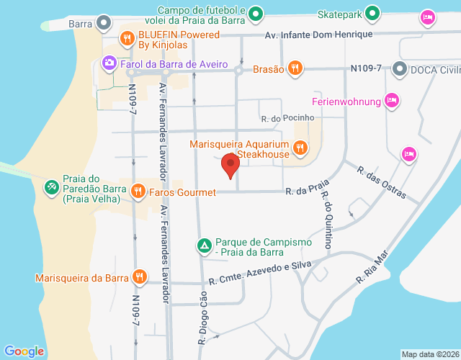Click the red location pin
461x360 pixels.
(x=230, y=166)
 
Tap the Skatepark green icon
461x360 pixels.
(x=372, y=14)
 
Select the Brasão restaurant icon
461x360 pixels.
(x=295, y=68)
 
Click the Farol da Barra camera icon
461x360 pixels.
(x=109, y=63)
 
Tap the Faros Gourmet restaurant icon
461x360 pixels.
(x=138, y=192)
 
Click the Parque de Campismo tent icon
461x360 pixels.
(x=205, y=246)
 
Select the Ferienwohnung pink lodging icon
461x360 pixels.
(x=391, y=100)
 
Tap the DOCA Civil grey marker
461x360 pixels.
(x=400, y=69)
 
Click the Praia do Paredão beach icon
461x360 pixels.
(x=51, y=188)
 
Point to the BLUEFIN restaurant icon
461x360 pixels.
(x=127, y=38)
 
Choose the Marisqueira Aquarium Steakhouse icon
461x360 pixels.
(x=300, y=148)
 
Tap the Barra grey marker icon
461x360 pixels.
(x=105, y=23)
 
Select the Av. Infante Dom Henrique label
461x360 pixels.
(x=318, y=35)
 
